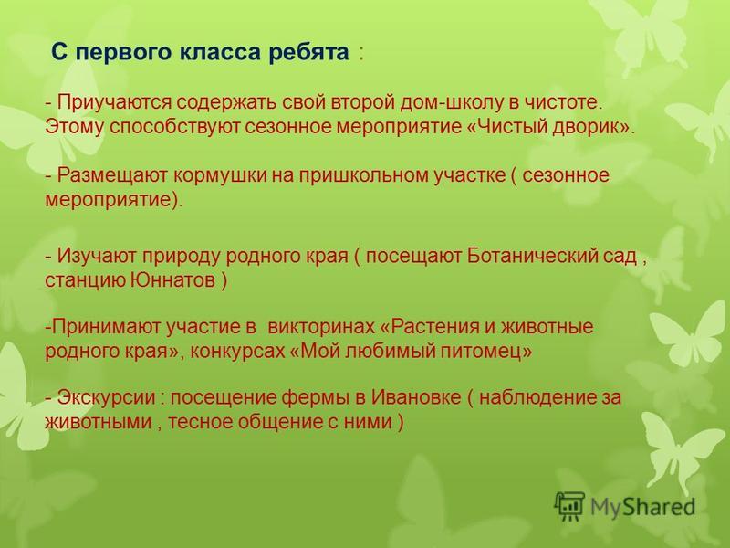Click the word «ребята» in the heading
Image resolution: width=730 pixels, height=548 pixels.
pyautogui.click(x=308, y=52)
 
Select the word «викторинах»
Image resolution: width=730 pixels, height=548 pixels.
pyautogui.click(x=321, y=326)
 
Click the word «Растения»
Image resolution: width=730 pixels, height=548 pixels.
pyautogui.click(x=432, y=326)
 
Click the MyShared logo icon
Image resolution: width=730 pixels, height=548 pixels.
pyautogui.click(x=569, y=506)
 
